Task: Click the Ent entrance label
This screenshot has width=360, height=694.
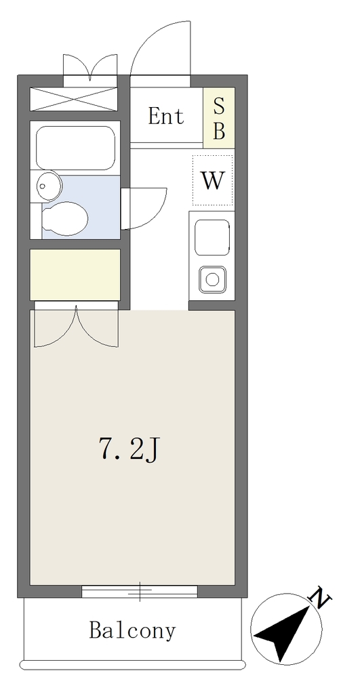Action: (x=165, y=116)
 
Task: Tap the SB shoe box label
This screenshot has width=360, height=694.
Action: (x=219, y=118)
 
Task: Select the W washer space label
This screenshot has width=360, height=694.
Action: (x=213, y=180)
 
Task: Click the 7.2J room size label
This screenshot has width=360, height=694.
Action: (x=127, y=449)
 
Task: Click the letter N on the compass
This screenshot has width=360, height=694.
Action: (x=322, y=598)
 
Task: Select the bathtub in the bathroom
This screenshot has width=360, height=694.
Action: (x=75, y=148)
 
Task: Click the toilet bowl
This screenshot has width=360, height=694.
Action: (x=64, y=219)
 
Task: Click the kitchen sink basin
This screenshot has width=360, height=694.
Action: (x=212, y=237)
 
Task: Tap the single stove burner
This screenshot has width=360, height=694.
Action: (x=212, y=279)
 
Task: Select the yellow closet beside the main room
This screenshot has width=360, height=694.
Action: (x=75, y=274)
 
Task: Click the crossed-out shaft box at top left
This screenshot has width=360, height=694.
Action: (x=73, y=99)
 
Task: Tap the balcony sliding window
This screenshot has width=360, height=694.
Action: (x=140, y=591)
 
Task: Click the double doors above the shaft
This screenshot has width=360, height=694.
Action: (x=90, y=66)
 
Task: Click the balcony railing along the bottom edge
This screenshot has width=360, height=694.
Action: (x=132, y=664)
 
